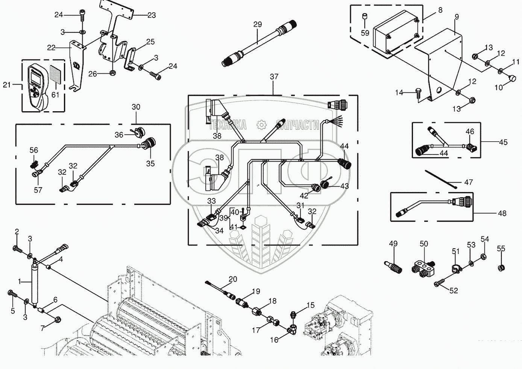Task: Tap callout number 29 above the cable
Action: click(258, 25)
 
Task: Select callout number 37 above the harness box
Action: click(274, 77)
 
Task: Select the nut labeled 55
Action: click(501, 268)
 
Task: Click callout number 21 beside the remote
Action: click(7, 85)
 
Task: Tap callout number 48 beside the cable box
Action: click(502, 213)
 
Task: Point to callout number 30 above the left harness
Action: click(136, 107)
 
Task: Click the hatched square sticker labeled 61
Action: click(55, 76)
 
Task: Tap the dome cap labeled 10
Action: click(511, 78)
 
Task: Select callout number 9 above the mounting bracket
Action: click(457, 17)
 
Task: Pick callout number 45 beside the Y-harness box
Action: click(503, 142)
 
